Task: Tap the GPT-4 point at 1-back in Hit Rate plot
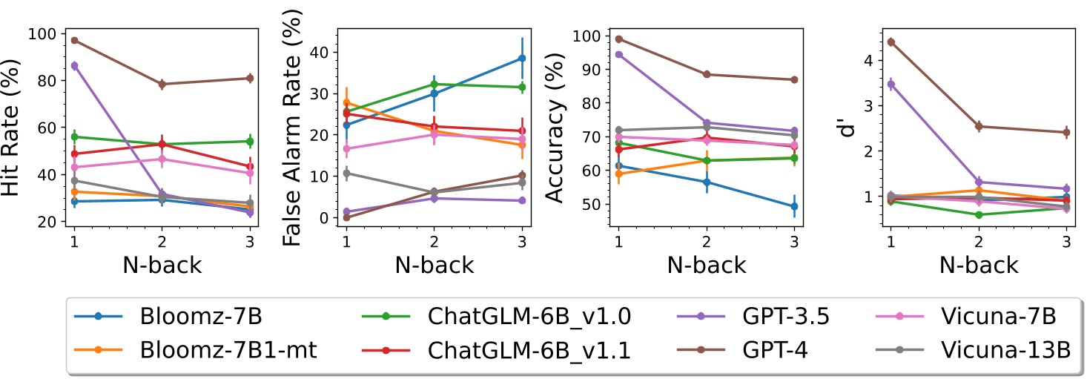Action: [x=74, y=40]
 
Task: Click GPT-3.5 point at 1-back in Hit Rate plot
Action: [x=74, y=65]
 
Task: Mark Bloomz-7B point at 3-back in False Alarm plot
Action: [x=522, y=58]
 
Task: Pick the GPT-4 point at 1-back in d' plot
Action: [x=891, y=42]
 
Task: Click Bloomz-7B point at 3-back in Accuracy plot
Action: [x=794, y=206]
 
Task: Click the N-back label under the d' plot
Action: [x=978, y=265]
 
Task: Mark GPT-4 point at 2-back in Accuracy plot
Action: [x=706, y=74]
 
